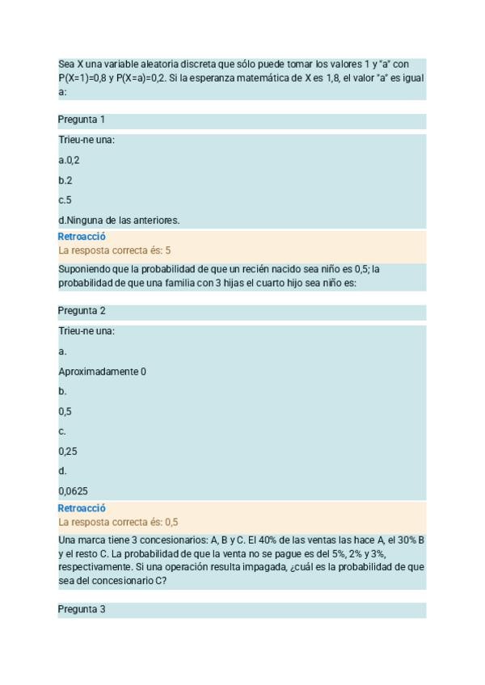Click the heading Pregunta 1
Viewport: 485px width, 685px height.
pyautogui.click(x=82, y=120)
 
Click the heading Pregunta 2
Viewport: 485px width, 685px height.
pyautogui.click(x=82, y=311)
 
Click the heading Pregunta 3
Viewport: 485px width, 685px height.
pyautogui.click(x=82, y=610)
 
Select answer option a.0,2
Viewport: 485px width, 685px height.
pyautogui.click(x=69, y=160)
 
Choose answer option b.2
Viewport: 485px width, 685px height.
pyautogui.click(x=65, y=180)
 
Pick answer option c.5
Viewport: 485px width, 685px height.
pyautogui.click(x=65, y=200)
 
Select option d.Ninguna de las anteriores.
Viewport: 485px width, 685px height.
pyautogui.click(x=119, y=220)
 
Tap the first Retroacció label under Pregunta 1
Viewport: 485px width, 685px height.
pyautogui.click(x=82, y=237)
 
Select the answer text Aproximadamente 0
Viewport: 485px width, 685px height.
pyautogui.click(x=102, y=372)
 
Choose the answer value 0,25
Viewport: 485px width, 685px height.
pyautogui.click(x=68, y=452)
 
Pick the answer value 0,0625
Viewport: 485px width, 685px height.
pyautogui.click(x=74, y=490)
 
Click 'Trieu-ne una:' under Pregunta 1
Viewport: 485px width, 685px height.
pyautogui.click(x=86, y=140)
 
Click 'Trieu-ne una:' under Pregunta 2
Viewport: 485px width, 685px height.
pyautogui.click(x=86, y=331)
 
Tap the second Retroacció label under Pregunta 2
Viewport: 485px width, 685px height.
pyautogui.click(x=82, y=509)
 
